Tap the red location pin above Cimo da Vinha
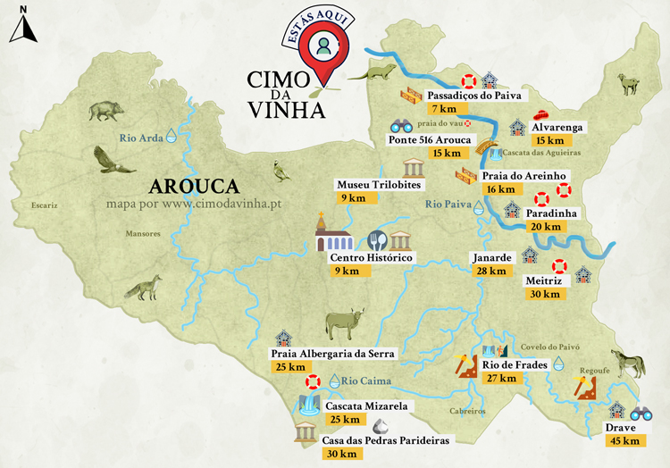coord(320,46)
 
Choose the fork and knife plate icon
coord(378,240)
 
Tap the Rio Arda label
coord(141,138)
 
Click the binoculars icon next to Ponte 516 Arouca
coord(401,127)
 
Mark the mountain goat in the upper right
coord(630,84)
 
